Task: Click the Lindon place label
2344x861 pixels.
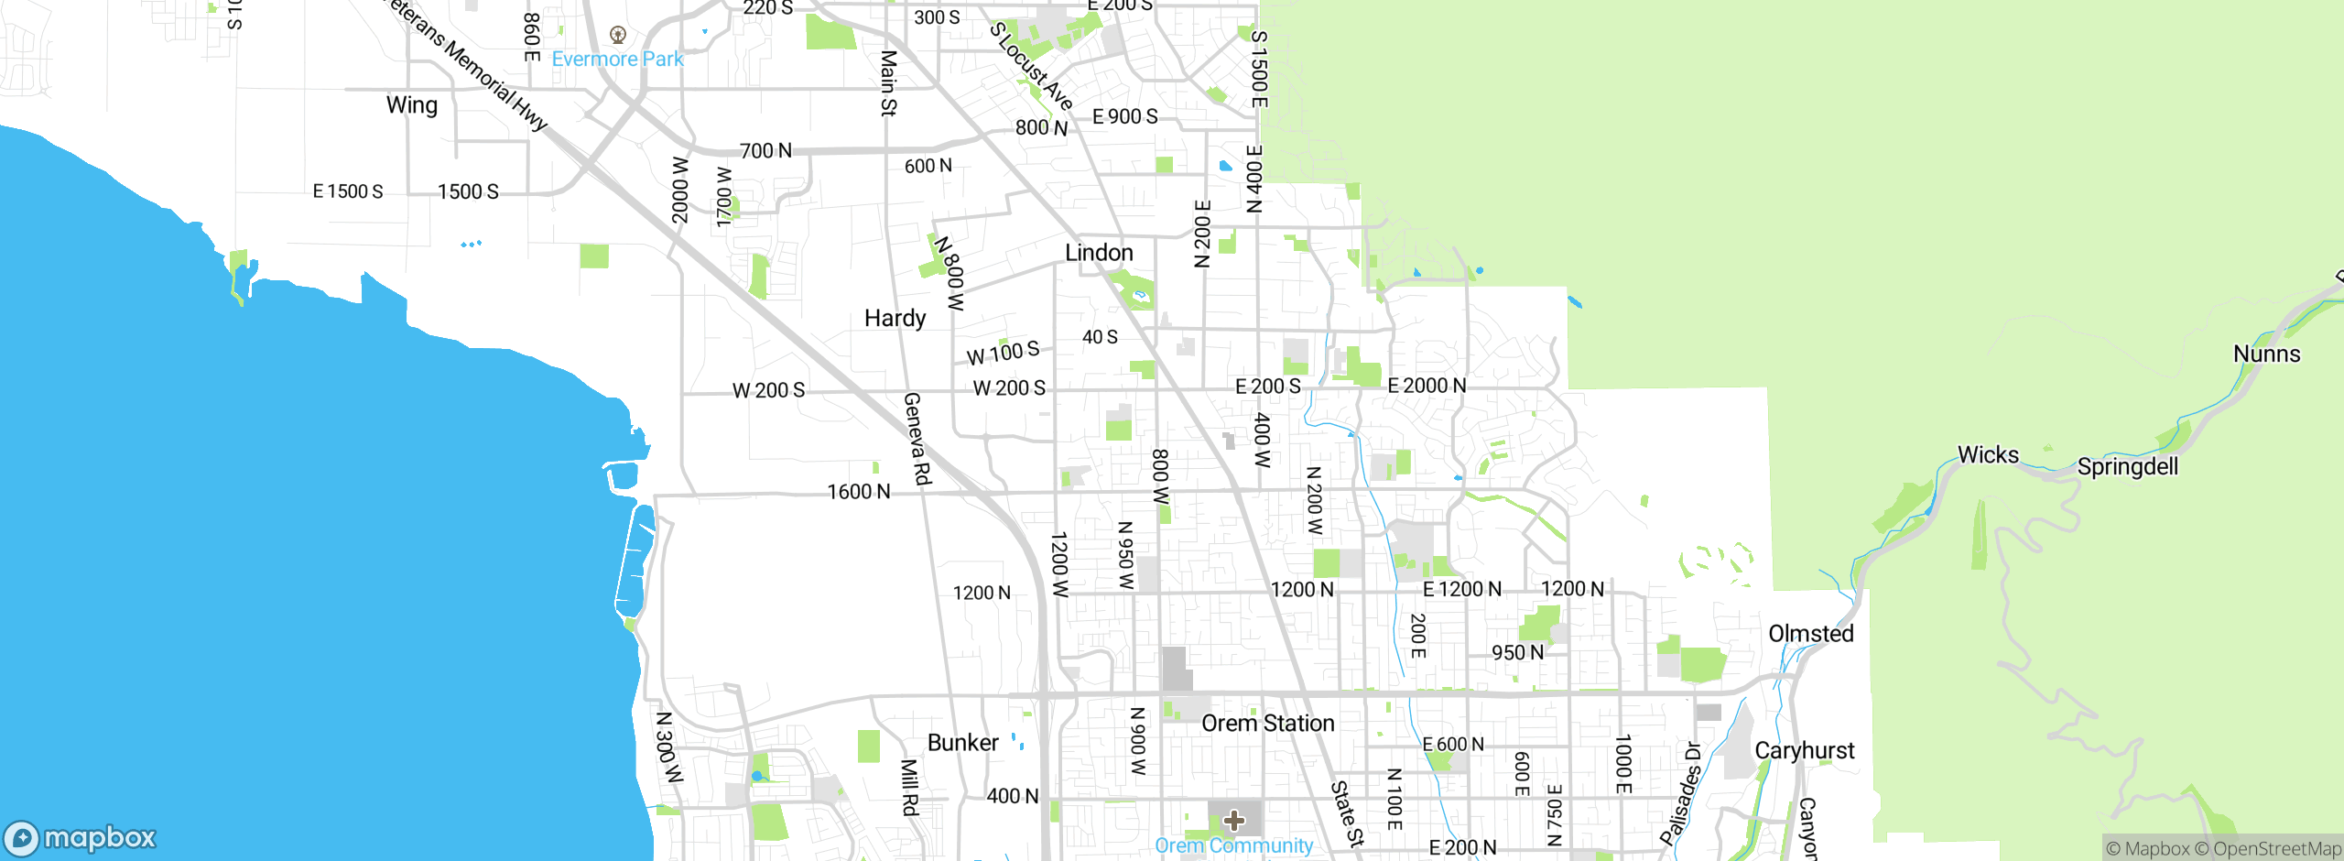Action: pyautogui.click(x=1099, y=253)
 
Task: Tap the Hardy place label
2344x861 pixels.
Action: pyautogui.click(x=895, y=319)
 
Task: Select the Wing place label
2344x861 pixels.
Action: pyautogui.click(x=412, y=105)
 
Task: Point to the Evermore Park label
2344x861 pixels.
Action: pyautogui.click(x=617, y=60)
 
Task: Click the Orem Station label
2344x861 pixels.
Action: pyautogui.click(x=1267, y=724)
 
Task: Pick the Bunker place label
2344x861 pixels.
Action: pyautogui.click(x=962, y=743)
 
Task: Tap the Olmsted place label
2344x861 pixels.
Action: pyautogui.click(x=1810, y=634)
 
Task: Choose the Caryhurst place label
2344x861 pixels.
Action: pyautogui.click(x=1804, y=751)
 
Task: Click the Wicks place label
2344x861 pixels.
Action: pyautogui.click(x=1988, y=455)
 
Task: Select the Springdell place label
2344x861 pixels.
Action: pyautogui.click(x=2127, y=467)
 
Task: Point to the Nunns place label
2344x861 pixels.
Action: pyautogui.click(x=2266, y=354)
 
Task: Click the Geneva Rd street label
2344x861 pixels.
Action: pyautogui.click(x=917, y=439)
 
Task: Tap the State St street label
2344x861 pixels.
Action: pyautogui.click(x=1347, y=813)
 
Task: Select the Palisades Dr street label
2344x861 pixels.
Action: pyautogui.click(x=1681, y=793)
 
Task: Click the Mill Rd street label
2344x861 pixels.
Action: pyautogui.click(x=909, y=787)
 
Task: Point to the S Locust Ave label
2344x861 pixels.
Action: pyautogui.click(x=1032, y=66)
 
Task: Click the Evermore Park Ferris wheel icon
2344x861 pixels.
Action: pyautogui.click(x=618, y=36)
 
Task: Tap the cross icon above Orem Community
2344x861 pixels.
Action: pyautogui.click(x=1234, y=820)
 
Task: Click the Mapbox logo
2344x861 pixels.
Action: pyautogui.click(x=81, y=838)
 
